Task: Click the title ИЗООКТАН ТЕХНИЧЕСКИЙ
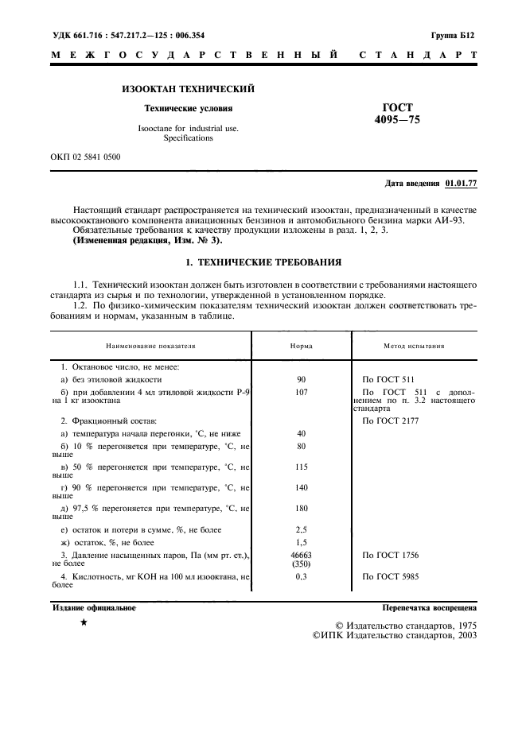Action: point(188,89)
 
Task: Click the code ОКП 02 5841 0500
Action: point(85,157)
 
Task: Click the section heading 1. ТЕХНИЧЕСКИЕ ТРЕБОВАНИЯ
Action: point(263,260)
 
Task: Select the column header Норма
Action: point(301,347)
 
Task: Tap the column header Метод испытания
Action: point(414,347)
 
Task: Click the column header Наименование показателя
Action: point(150,347)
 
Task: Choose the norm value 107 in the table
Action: point(301,392)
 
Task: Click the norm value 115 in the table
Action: point(301,466)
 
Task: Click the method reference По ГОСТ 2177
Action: point(389,420)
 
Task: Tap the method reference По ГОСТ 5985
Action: point(389,575)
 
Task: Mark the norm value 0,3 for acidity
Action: point(301,575)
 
